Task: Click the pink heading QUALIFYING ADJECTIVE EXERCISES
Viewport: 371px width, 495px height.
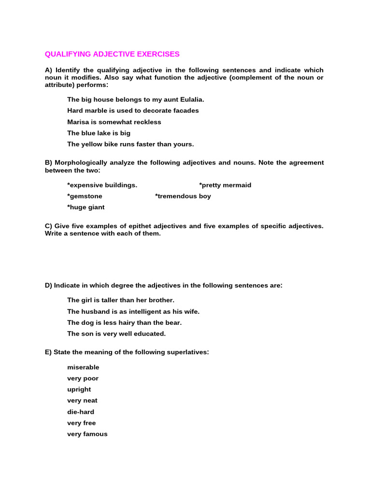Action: (112, 54)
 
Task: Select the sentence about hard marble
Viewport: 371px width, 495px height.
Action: (133, 111)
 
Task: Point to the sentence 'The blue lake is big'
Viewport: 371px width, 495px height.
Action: (99, 133)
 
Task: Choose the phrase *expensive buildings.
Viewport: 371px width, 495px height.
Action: (102, 185)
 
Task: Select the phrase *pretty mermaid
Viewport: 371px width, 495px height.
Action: (225, 185)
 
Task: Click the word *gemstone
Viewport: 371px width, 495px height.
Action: (85, 196)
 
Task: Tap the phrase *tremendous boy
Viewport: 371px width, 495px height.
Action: (183, 196)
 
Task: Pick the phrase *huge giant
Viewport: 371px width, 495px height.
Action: (86, 207)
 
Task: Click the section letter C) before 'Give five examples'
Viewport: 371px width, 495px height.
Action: (48, 226)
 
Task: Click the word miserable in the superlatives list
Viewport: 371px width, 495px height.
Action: (83, 367)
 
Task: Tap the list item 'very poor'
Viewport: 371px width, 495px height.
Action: (83, 379)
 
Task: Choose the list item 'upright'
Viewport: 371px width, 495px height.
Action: (79, 390)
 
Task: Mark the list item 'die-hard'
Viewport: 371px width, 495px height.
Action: (81, 412)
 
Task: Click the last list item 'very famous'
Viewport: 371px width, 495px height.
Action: (87, 434)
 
